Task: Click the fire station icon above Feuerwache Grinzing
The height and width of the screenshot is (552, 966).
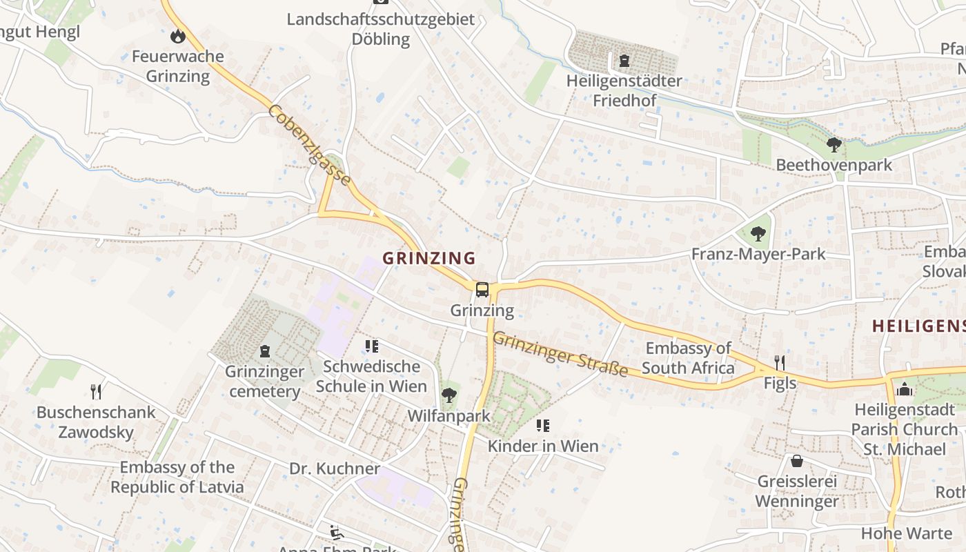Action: click(178, 36)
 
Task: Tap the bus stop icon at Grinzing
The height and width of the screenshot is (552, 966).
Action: click(482, 290)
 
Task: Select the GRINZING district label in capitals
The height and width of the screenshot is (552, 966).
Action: click(429, 258)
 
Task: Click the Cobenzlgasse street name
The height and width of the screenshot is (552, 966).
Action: click(310, 145)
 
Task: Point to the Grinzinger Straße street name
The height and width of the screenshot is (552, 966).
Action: click(560, 355)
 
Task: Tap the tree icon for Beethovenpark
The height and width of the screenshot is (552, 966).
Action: click(834, 145)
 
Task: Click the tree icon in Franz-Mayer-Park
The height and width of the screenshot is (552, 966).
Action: click(758, 234)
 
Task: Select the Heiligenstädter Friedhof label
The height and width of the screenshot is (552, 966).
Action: click(624, 90)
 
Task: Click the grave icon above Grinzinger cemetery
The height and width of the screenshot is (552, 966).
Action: click(265, 351)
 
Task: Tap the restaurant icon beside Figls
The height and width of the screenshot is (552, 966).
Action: click(780, 363)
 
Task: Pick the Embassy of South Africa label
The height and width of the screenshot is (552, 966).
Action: click(689, 358)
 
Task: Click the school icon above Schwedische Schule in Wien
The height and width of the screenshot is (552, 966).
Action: click(372, 346)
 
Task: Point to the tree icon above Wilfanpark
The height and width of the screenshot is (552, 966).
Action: click(448, 395)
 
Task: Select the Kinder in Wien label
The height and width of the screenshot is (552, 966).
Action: click(543, 446)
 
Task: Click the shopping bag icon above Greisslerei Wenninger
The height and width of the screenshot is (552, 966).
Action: click(797, 460)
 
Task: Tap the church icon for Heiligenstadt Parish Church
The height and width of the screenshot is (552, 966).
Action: click(904, 390)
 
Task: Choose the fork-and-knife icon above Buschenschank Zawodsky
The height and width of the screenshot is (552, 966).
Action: click(97, 392)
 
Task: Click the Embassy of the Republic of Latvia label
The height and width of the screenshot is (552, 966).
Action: click(177, 477)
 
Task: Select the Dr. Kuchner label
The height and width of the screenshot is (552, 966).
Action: click(335, 469)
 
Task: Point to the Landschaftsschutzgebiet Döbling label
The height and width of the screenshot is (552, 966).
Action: click(381, 29)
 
